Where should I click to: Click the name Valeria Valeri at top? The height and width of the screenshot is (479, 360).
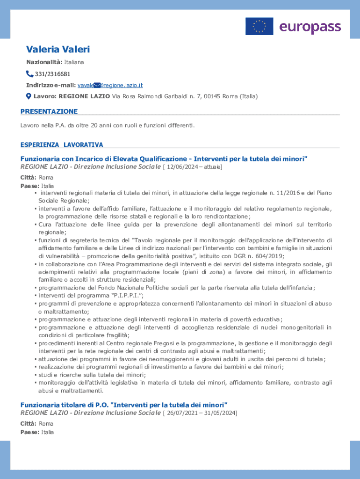58,50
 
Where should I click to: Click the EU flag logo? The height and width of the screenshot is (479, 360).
259,26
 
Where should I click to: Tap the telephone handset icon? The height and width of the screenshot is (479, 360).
29,74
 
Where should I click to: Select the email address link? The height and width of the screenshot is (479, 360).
110,85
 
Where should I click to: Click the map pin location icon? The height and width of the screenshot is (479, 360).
28,96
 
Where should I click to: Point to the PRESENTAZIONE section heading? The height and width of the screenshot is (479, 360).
49,111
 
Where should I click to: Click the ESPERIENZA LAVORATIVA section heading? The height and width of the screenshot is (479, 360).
62,145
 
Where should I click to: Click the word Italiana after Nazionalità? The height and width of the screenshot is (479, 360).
74,62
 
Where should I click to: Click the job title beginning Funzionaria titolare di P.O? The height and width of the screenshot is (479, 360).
124,404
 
